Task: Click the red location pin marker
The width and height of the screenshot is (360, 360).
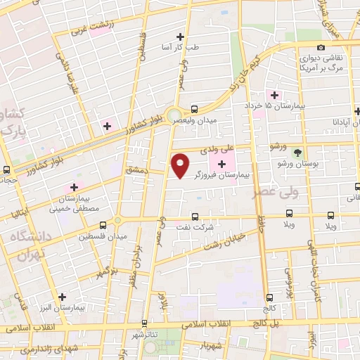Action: tap(181, 165)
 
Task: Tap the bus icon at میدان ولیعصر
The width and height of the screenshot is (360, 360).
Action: tap(194, 109)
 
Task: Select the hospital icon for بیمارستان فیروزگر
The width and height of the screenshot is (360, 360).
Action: tap(221, 164)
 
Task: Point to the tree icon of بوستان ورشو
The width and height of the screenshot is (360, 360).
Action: tap(297, 152)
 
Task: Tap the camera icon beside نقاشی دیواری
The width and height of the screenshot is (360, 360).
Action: tap(321, 47)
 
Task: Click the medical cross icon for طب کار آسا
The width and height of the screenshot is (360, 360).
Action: tap(181, 37)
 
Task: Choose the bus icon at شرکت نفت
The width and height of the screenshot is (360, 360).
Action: tap(195, 217)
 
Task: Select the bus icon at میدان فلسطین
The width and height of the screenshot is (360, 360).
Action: tap(103, 225)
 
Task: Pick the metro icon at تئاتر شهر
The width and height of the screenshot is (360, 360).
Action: tap(144, 323)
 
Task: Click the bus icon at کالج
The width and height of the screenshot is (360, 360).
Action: tap(269, 298)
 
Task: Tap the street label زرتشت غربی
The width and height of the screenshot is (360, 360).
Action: tap(90, 29)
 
